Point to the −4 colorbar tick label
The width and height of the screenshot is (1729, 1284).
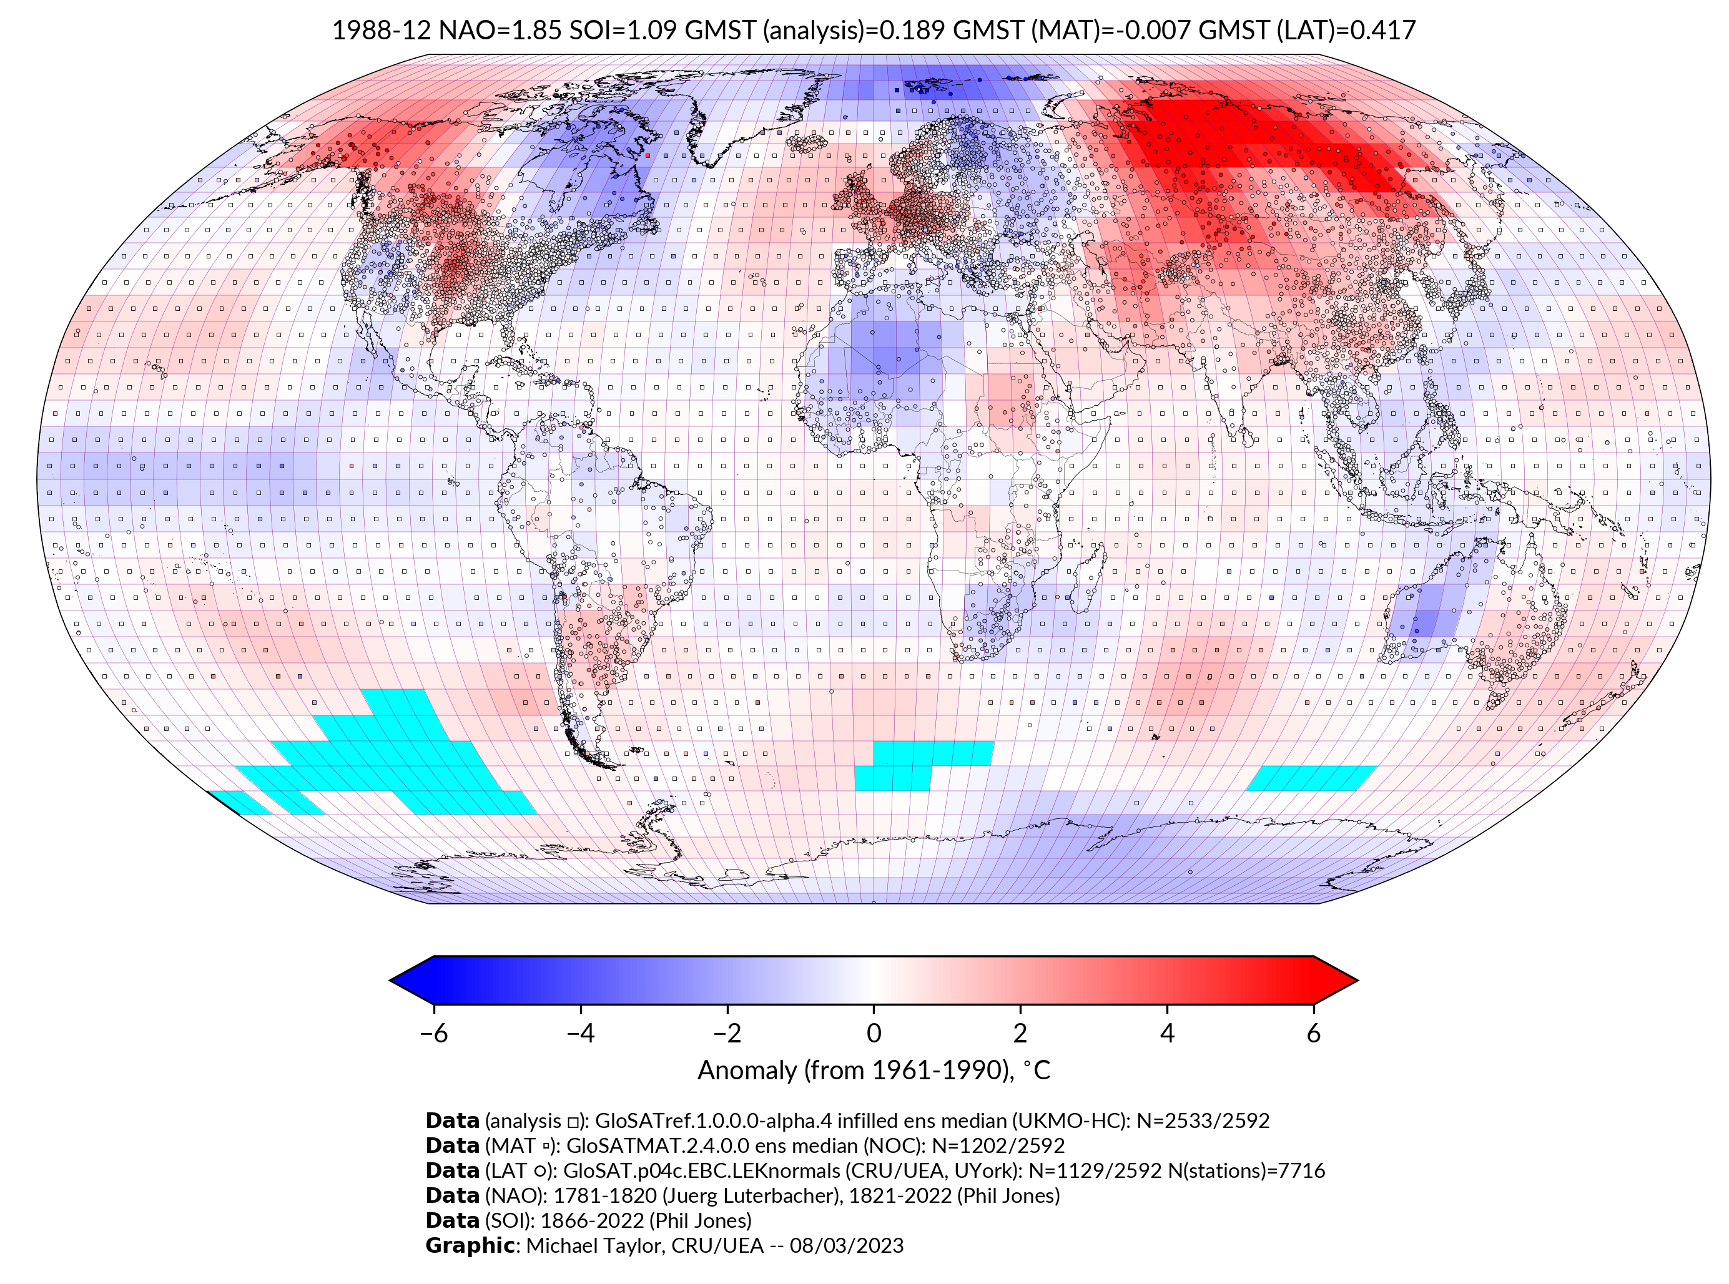pyautogui.click(x=580, y=1033)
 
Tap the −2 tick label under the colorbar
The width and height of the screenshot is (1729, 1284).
pyautogui.click(x=727, y=1033)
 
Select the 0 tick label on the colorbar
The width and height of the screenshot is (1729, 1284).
pyautogui.click(x=874, y=1033)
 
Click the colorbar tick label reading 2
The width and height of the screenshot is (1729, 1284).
pyautogui.click(x=1020, y=1033)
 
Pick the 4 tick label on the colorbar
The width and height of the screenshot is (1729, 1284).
pyautogui.click(x=1167, y=1033)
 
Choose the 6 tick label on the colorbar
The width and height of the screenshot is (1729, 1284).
pyautogui.click(x=1313, y=1033)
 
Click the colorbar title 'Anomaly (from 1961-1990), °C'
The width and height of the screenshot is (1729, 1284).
pyautogui.click(x=874, y=1071)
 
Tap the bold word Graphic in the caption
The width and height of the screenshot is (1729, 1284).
pyautogui.click(x=470, y=1245)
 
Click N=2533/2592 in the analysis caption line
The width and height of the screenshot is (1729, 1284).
pyautogui.click(x=1203, y=1121)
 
